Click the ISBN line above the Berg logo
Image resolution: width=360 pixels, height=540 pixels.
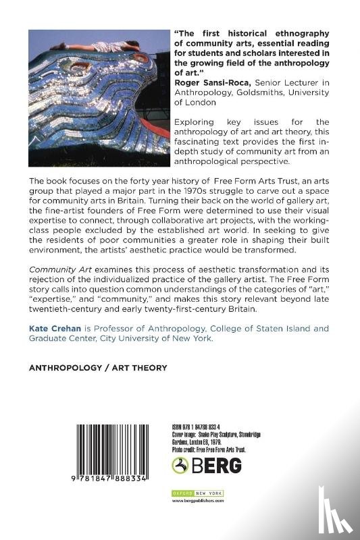click(x=199, y=427)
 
